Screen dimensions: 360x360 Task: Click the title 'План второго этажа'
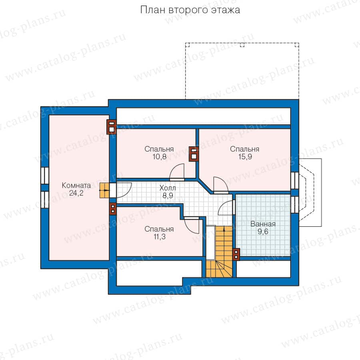[x=190, y=10]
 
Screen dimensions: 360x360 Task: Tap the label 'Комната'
[x=76, y=185]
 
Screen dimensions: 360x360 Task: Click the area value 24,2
[x=76, y=193]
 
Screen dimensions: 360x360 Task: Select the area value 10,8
[x=159, y=157]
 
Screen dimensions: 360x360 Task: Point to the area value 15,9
[x=245, y=157]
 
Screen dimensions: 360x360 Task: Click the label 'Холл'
[x=168, y=188]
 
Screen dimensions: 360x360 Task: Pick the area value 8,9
[x=168, y=196]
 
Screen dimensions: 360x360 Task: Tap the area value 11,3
[x=159, y=237]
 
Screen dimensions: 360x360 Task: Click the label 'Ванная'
[x=263, y=224]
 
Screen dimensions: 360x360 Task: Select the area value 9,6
[x=263, y=232]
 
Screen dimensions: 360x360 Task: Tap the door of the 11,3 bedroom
[x=192, y=226]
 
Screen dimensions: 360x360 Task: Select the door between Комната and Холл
[x=124, y=190]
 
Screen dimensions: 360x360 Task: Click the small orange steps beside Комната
[x=104, y=190]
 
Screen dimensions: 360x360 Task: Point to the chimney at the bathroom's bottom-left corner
[x=236, y=254]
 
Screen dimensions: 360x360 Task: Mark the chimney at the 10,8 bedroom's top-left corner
[x=112, y=127]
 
